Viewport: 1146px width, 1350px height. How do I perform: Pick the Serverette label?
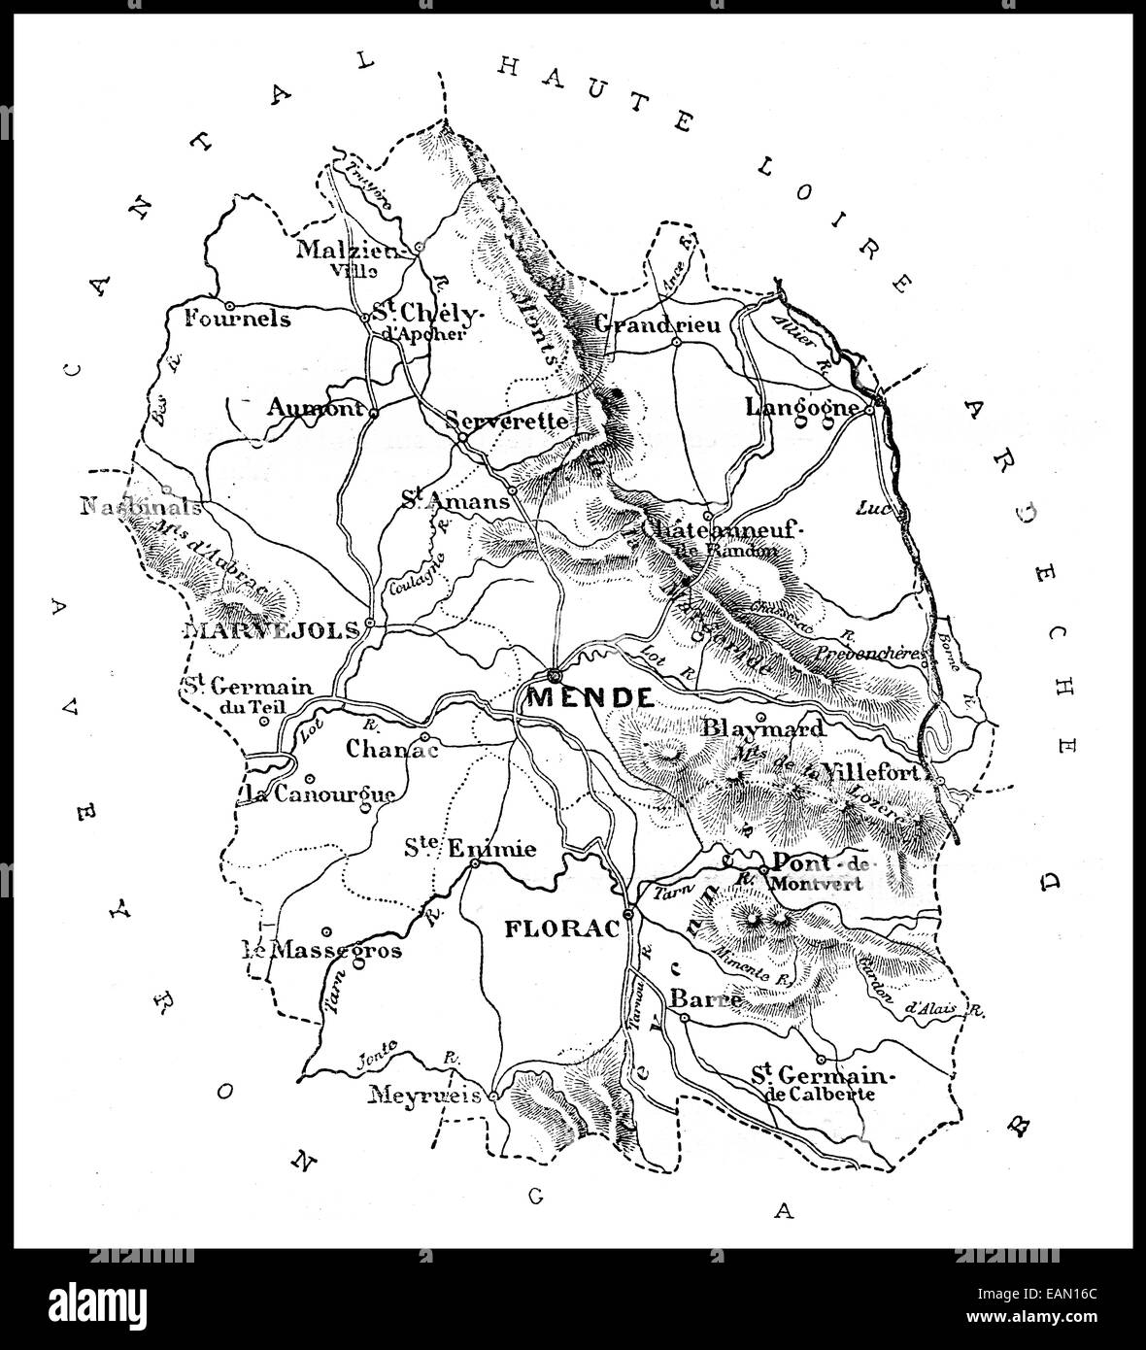(x=506, y=421)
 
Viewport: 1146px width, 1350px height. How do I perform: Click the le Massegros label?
(x=321, y=950)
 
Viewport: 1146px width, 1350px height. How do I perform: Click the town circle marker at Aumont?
(x=373, y=413)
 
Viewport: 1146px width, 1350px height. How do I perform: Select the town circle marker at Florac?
(x=628, y=914)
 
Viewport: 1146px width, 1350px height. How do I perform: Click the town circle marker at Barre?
(x=684, y=1018)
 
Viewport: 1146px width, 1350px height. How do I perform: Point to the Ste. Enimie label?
(x=470, y=849)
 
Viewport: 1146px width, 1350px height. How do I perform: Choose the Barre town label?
(x=707, y=998)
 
